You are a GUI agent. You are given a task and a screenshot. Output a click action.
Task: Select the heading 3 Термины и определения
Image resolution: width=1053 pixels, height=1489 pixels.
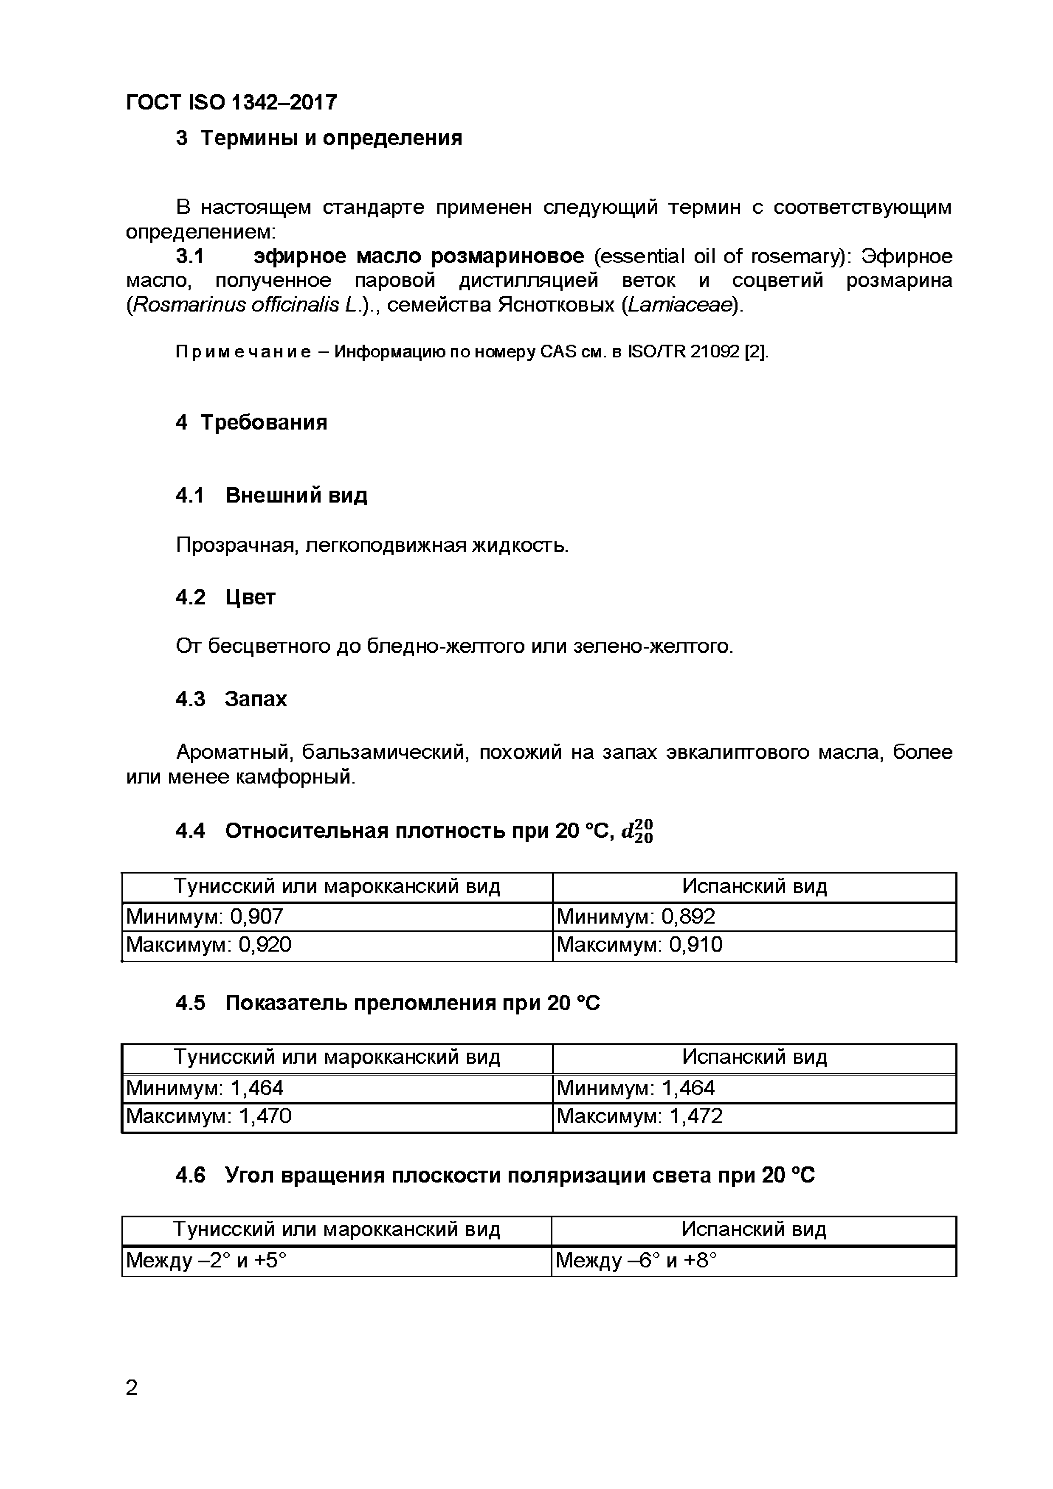click(318, 138)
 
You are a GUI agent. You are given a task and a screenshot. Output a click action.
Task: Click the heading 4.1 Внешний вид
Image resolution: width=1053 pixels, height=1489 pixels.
click(271, 495)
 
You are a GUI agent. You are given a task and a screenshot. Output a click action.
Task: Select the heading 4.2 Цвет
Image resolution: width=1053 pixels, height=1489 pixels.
click(225, 597)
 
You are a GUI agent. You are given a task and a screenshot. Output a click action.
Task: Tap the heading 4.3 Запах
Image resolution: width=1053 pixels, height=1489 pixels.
click(231, 699)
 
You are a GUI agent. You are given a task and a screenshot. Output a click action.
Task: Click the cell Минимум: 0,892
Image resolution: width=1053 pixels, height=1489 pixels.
click(635, 916)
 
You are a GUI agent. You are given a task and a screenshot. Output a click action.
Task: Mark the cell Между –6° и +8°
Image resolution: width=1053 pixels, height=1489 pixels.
click(636, 1260)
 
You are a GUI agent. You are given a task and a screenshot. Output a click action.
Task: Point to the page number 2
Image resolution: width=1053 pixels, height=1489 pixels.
click(132, 1388)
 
